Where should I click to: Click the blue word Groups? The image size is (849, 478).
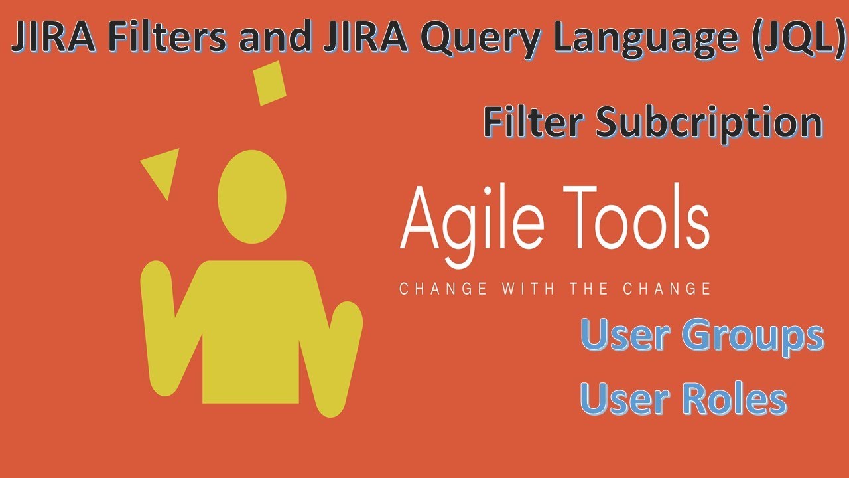(753, 337)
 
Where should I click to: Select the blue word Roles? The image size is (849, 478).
(734, 399)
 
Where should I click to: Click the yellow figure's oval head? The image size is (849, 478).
(252, 197)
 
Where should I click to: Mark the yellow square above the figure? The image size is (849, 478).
(270, 83)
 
